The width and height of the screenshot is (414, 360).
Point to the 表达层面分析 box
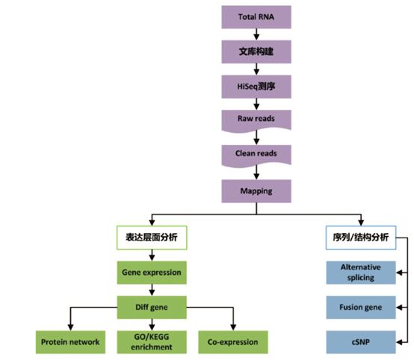[152, 238]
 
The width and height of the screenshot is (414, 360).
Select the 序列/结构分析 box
[361, 238]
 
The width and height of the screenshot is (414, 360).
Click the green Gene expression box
[152, 273]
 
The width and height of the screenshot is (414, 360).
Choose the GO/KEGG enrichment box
[152, 342]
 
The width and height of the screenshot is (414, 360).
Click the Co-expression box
[233, 342]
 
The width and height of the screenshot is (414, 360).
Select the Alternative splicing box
[361, 272]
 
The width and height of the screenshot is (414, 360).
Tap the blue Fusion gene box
[361, 307]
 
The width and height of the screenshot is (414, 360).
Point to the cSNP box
[361, 342]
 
